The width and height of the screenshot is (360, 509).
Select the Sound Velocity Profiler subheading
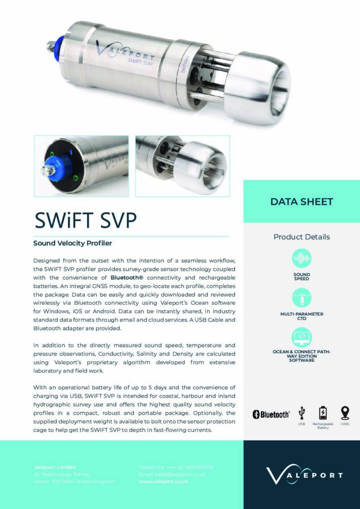coord(73,244)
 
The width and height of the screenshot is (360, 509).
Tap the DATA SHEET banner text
coord(301,201)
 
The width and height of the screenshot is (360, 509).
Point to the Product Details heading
coord(301,237)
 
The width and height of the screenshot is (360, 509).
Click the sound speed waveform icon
coord(301,259)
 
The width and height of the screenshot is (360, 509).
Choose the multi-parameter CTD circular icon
coord(301,298)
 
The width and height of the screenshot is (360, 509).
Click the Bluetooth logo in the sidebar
coord(271,414)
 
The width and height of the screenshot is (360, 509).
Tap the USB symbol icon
coord(301,413)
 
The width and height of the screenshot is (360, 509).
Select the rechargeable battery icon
coord(323,413)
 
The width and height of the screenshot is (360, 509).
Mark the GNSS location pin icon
coord(345,413)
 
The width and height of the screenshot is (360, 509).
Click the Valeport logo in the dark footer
coord(304,475)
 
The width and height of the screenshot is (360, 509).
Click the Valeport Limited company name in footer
coord(55,467)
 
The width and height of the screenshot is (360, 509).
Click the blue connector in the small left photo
coord(52,168)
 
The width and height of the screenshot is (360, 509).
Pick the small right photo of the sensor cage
coord(182,165)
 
